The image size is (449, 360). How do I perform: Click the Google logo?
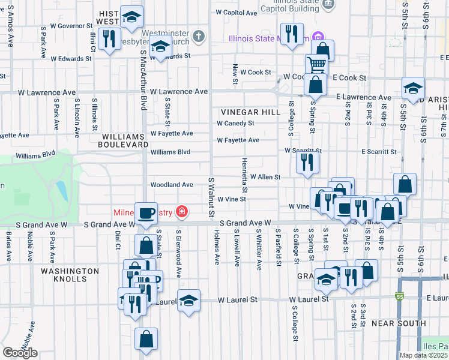coord(20,353)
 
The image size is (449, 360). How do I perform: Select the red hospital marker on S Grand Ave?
coord(181,212)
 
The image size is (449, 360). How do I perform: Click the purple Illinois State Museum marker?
coord(318,38)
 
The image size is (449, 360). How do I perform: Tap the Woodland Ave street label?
coord(172,185)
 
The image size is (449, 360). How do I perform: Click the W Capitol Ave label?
coord(236,12)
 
